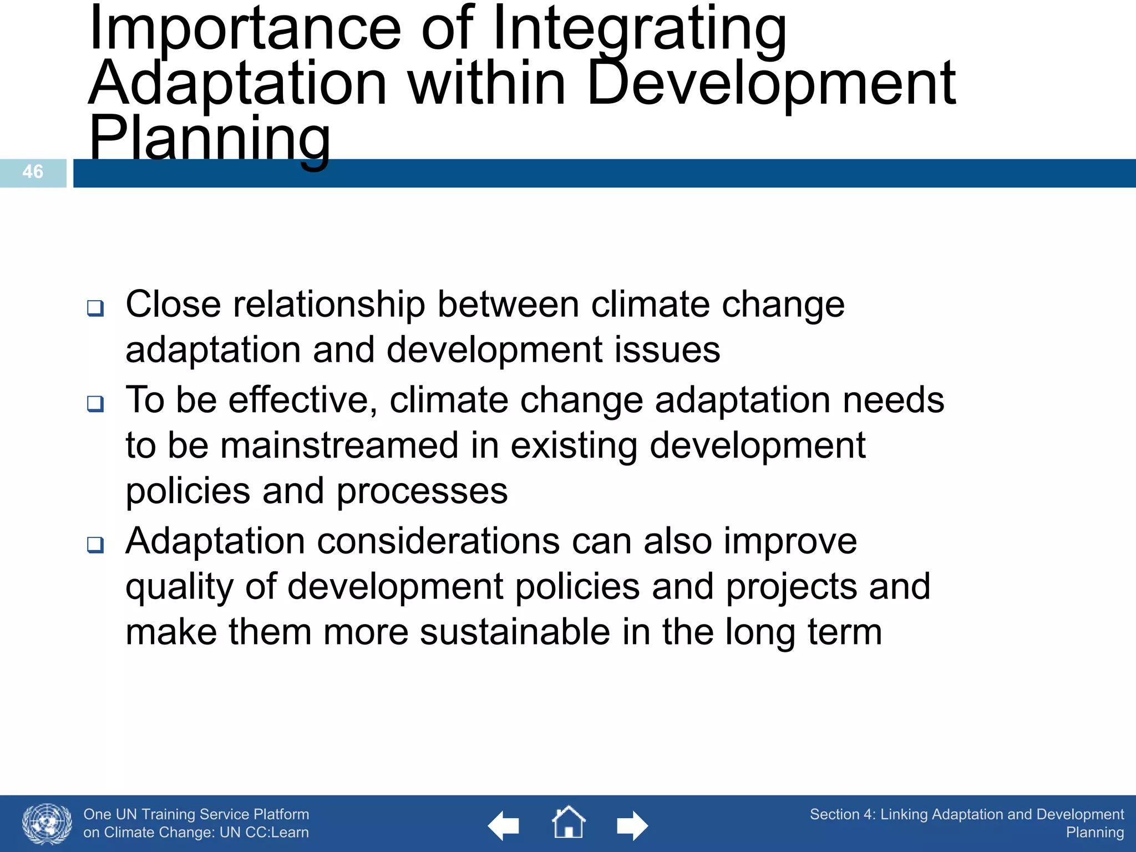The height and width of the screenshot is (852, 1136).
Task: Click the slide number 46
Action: coord(33,171)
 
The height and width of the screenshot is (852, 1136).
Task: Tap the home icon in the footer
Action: coord(569,823)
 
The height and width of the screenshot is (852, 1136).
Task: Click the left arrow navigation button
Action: coord(504,825)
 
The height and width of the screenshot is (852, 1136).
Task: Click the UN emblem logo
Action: coord(47,824)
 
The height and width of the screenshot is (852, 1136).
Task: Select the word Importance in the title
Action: coord(245,29)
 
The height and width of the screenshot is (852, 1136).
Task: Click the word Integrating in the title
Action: coord(639,29)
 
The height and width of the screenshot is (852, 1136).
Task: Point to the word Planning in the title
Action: coord(210,138)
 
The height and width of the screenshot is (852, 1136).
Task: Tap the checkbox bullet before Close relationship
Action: coord(95,308)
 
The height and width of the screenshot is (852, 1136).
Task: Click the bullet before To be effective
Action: coord(95,403)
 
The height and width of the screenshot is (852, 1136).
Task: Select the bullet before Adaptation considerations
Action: coord(95,544)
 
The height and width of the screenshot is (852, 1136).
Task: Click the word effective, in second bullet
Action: coord(303,400)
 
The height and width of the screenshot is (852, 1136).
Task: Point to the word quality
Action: coord(179,588)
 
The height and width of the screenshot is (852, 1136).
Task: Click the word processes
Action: coord(422,491)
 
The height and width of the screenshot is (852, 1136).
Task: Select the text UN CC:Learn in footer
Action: coord(264,833)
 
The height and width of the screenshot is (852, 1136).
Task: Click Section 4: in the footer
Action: coord(842,814)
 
